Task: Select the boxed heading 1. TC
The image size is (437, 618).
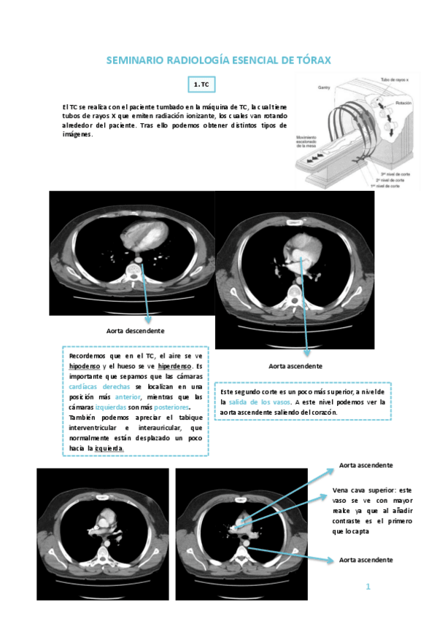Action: tap(201, 85)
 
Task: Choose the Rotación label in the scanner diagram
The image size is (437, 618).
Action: tap(403, 103)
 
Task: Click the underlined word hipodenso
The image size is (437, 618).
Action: tap(86, 365)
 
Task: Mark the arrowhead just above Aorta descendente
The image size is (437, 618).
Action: tap(149, 318)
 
